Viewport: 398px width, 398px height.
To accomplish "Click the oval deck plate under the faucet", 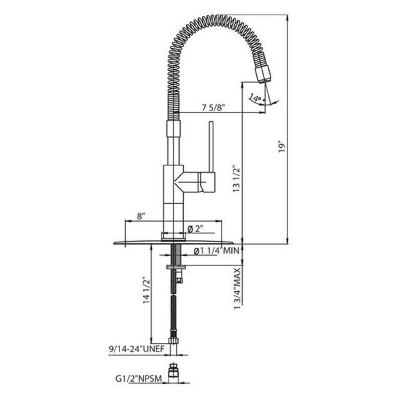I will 142,242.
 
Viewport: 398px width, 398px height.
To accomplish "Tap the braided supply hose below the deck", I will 174,307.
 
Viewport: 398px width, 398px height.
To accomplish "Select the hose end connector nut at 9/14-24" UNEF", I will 174,343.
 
